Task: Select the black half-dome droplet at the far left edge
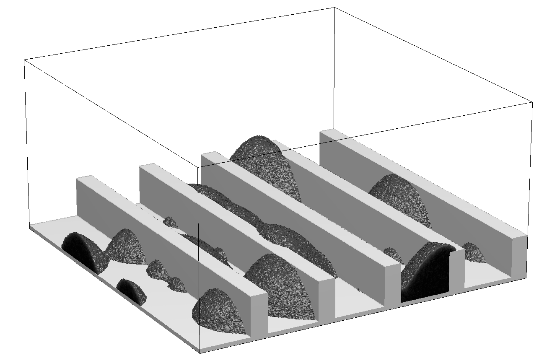tap(80, 250)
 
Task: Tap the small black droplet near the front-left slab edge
tap(130, 291)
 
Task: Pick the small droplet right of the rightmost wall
tap(475, 251)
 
